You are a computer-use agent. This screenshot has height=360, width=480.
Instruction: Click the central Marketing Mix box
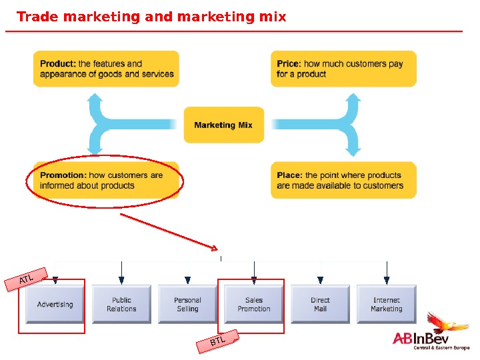tap(223, 125)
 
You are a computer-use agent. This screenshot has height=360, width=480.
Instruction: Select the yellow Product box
tap(106, 69)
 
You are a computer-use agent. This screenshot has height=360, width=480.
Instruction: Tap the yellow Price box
tap(343, 69)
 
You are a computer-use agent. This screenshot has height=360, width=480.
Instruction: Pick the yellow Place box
tap(343, 180)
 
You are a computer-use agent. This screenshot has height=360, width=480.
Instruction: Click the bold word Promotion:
tap(63, 175)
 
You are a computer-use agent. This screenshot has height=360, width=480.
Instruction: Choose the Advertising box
tap(55, 305)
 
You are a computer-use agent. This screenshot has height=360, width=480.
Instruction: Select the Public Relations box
tap(121, 305)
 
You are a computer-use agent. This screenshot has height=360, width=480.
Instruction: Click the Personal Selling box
tap(187, 305)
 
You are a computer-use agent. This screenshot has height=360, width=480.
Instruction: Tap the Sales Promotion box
tap(254, 305)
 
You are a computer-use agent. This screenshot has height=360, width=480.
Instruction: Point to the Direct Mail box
tap(320, 305)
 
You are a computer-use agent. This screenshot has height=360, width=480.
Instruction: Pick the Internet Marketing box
tap(387, 305)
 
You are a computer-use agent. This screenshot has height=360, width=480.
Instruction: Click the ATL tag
tap(27, 280)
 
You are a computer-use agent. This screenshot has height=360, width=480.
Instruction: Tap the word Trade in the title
tap(37, 17)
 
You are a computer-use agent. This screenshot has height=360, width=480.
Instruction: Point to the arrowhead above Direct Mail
tap(320, 280)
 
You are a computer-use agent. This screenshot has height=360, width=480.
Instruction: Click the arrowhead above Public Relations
tap(121, 280)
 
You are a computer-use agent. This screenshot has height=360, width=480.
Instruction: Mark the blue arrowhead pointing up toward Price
tap(353, 99)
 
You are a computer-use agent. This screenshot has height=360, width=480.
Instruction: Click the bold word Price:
tap(289, 64)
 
